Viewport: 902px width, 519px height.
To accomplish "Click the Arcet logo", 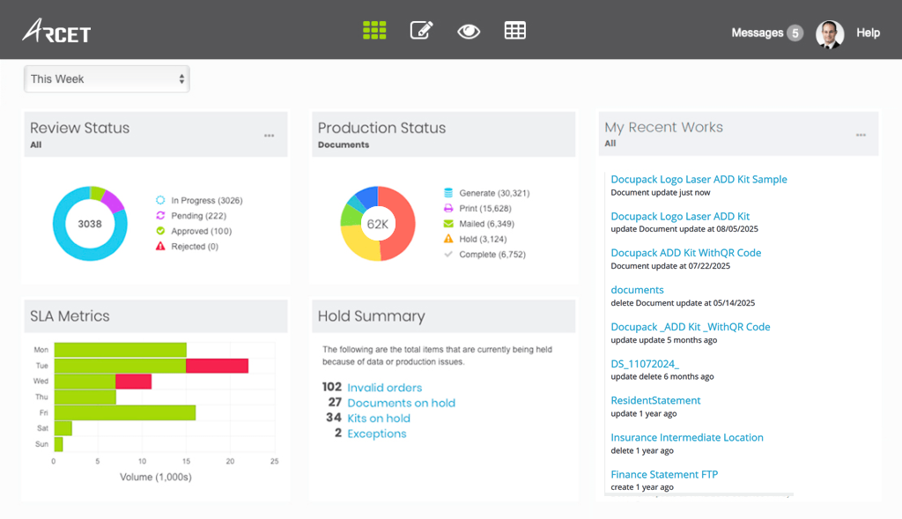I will tap(56, 32).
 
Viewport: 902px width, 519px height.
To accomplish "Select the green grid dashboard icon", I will tap(374, 31).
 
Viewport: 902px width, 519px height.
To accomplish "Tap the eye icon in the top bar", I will tap(469, 32).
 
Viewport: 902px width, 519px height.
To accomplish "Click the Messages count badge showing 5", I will tap(795, 33).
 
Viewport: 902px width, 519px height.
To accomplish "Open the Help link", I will tap(868, 33).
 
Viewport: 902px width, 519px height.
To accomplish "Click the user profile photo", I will tap(830, 33).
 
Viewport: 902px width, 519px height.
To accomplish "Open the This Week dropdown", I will tap(107, 79).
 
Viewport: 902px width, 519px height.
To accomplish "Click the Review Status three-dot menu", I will tap(269, 136).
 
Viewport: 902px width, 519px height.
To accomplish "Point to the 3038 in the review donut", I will tap(89, 224).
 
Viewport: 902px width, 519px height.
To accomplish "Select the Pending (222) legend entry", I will tap(198, 216).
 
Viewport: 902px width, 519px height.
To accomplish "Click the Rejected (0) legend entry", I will tap(195, 247).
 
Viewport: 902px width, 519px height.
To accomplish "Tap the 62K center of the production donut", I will tap(378, 224).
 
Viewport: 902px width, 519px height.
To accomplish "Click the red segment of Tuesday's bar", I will tap(217, 366).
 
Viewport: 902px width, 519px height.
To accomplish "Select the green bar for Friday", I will tap(124, 412).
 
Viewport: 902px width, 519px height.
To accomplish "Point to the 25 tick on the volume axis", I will tap(274, 462).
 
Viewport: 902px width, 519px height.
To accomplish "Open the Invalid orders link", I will tap(384, 388).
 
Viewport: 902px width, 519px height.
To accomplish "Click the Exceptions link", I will tap(377, 434).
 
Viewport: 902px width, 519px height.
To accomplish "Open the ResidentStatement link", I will tap(655, 401).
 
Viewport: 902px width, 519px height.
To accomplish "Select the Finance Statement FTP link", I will tap(664, 475).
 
